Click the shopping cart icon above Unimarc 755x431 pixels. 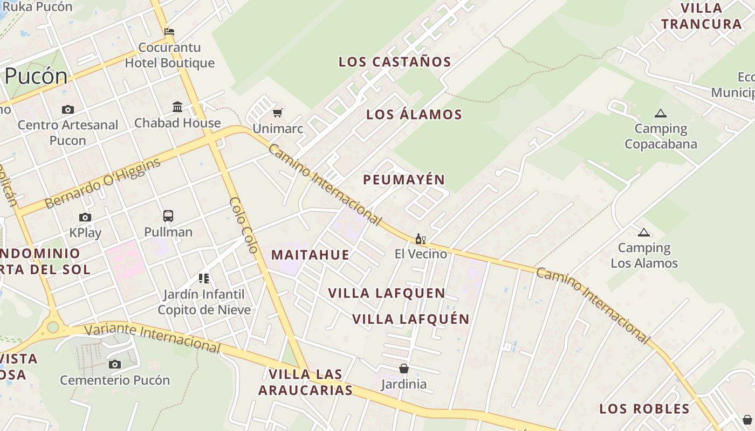pyautogui.click(x=278, y=113)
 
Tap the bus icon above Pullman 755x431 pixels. pyautogui.click(x=168, y=216)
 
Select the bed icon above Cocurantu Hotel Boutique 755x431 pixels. pyautogui.click(x=169, y=32)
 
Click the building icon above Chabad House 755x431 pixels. pyautogui.click(x=177, y=107)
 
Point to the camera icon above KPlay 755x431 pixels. pyautogui.click(x=85, y=218)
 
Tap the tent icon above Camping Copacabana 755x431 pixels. pyautogui.click(x=660, y=114)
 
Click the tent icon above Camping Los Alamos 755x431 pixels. pyautogui.click(x=643, y=233)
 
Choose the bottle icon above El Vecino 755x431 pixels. pyautogui.click(x=421, y=239)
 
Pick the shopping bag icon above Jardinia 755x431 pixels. pyautogui.click(x=403, y=369)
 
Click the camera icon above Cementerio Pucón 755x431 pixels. pyautogui.click(x=114, y=365)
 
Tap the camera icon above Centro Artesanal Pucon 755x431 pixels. pyautogui.click(x=68, y=110)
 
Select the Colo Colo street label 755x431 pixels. pyautogui.click(x=244, y=225)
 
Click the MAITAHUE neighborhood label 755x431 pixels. pyautogui.click(x=310, y=255)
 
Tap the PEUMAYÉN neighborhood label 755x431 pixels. pyautogui.click(x=404, y=180)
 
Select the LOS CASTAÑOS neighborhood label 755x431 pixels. pyautogui.click(x=395, y=62)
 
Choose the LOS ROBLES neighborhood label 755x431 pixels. pyautogui.click(x=644, y=409)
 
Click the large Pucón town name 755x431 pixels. pyautogui.click(x=36, y=76)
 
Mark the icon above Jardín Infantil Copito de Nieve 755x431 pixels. pyautogui.click(x=204, y=279)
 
